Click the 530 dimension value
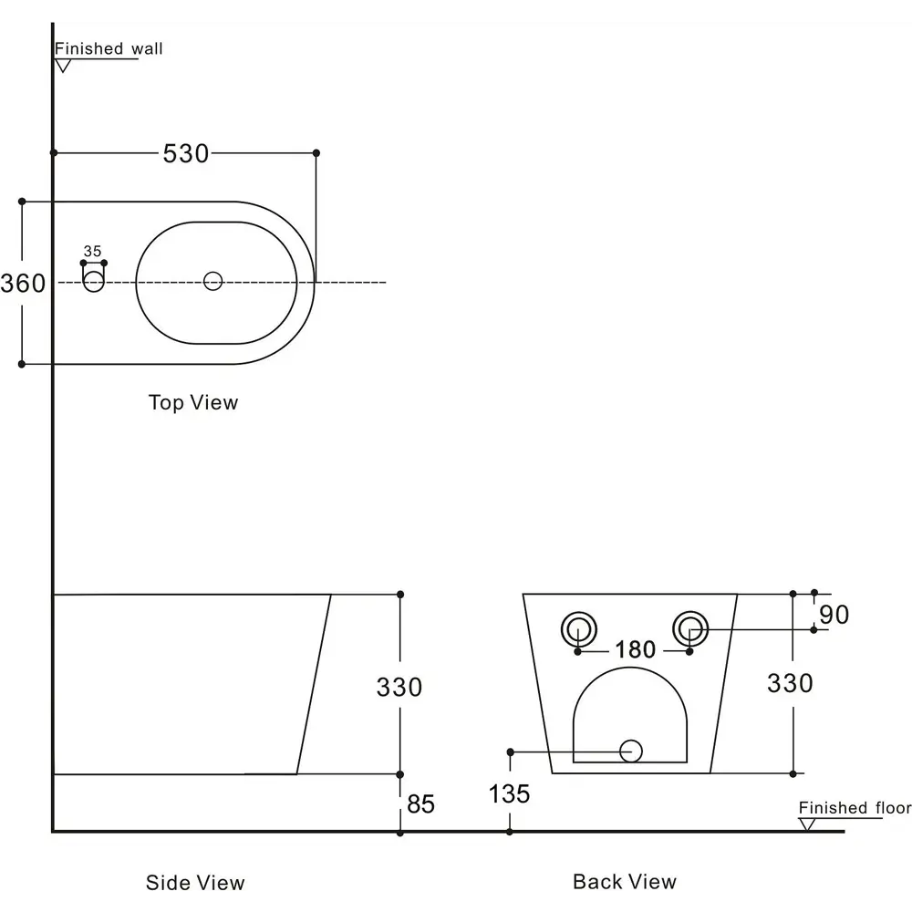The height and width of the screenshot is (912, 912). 185,153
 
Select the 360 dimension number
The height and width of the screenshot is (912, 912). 23,284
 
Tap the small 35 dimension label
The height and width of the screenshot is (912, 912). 92,252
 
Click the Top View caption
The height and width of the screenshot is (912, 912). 193,402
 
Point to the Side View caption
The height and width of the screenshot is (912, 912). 195,882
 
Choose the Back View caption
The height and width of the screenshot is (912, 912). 625,881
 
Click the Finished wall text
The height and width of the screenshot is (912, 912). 109,48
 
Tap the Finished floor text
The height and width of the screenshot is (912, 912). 855,807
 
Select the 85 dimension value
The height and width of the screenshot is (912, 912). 421,804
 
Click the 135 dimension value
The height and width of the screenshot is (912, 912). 509,794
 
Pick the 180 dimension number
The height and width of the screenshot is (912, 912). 635,649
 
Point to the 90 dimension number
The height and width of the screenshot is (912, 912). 834,615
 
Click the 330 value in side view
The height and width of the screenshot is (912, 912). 399,687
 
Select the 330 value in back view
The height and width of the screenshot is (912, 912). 790,683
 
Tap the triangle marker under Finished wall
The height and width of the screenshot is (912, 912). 63,66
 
